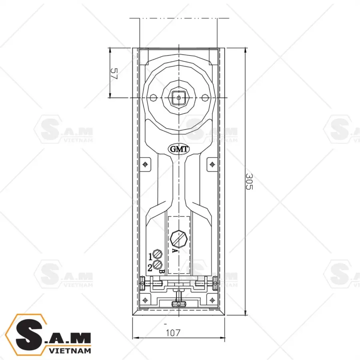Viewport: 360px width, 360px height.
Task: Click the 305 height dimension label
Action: pos(248,182)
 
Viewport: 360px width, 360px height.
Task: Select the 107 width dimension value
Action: pos(172,332)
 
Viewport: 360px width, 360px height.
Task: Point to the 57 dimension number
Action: pos(114,74)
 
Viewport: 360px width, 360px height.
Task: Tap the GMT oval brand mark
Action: pos(179,149)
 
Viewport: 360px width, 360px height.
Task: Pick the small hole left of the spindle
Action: pos(152,97)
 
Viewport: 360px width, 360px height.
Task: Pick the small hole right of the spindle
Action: pos(204,97)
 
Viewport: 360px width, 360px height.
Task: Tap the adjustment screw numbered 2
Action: pos(158,264)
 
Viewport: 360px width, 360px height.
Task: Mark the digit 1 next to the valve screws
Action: pos(151,256)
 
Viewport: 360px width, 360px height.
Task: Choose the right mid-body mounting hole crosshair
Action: pos(212,164)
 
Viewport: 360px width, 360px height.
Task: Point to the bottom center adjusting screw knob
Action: pos(179,303)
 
